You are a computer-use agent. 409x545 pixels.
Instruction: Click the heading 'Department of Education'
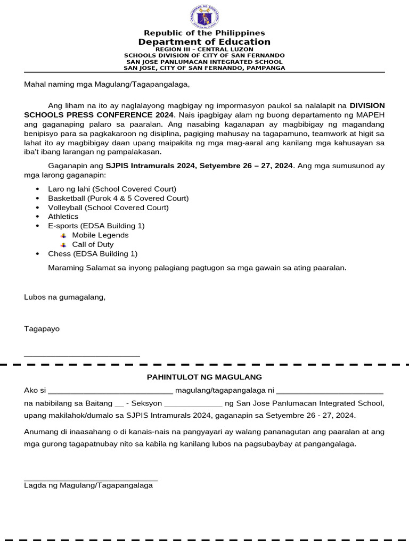pos(204,42)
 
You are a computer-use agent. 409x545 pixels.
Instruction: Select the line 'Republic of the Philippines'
pos(204,33)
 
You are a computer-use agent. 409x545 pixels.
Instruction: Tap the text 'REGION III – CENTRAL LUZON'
pos(204,49)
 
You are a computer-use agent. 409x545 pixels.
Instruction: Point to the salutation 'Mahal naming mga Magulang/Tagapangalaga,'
pos(107,84)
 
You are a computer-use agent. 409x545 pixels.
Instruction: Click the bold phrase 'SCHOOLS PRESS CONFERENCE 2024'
pos(99,115)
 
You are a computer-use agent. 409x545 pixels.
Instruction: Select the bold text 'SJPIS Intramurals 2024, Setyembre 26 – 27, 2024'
pos(199,166)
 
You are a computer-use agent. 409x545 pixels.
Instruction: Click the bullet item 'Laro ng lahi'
pos(112,189)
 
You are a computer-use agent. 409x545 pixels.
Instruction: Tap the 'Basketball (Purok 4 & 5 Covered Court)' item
pos(118,198)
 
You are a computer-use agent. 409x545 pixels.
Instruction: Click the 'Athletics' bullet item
pos(63,217)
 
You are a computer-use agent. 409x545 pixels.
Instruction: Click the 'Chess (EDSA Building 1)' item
pos(93,254)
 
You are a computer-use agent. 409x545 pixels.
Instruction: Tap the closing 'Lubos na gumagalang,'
pos(64,297)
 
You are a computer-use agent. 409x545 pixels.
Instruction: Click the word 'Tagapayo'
pos(42,329)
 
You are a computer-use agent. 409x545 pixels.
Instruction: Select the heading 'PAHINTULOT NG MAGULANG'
pos(204,377)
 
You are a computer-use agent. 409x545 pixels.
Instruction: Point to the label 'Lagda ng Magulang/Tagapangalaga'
pos(88,485)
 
